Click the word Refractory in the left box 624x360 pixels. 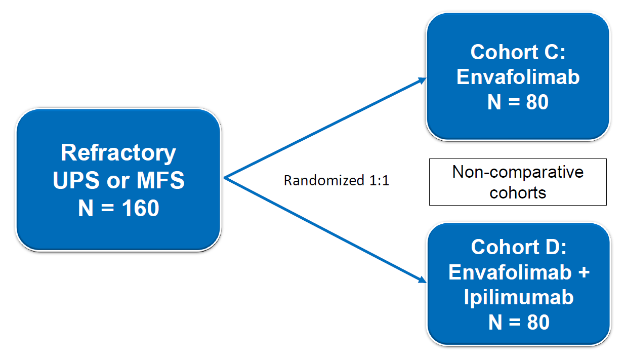click(x=118, y=153)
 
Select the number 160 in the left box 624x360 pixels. click(x=140, y=208)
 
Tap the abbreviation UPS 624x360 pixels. click(x=76, y=180)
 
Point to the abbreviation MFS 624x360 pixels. click(x=160, y=180)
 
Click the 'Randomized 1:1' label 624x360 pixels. click(x=336, y=180)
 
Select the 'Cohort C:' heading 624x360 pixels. click(x=518, y=52)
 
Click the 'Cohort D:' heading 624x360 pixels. click(x=519, y=247)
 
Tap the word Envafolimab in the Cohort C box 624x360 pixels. click(x=518, y=77)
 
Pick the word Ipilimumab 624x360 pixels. click(x=519, y=298)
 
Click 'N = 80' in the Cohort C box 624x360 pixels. click(x=518, y=102)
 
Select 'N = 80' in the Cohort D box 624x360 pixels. click(x=519, y=323)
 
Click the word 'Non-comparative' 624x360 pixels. click(x=518, y=172)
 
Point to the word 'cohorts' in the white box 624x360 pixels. click(x=518, y=192)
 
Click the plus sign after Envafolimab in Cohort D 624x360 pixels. click(x=584, y=272)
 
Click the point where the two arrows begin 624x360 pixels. click(x=225, y=178)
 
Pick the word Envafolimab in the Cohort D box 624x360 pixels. click(x=510, y=272)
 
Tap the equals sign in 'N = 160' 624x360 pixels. click(x=107, y=208)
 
